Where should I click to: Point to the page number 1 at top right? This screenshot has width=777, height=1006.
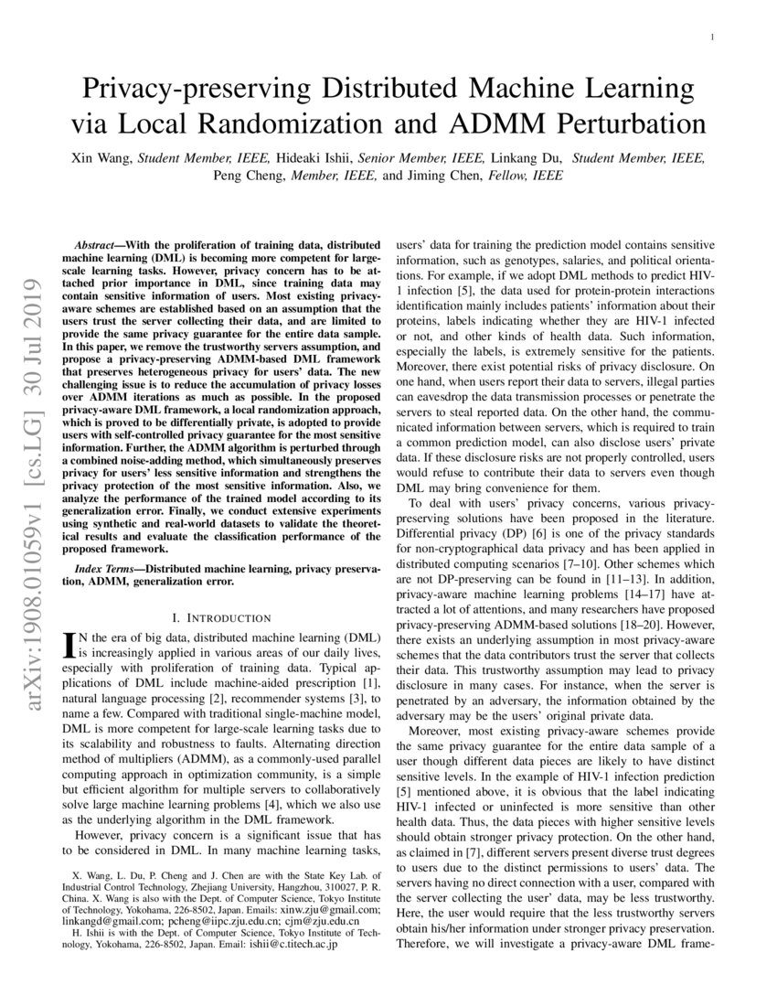pyautogui.click(x=712, y=37)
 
